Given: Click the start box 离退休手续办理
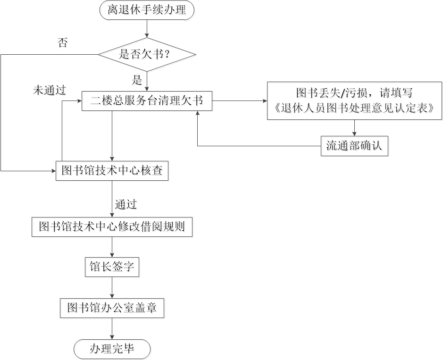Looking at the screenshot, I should tap(147, 10).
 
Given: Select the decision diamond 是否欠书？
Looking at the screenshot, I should tap(147, 55).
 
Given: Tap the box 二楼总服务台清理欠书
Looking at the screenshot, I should tap(147, 100).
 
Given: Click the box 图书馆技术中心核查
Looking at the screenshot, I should tap(112, 170).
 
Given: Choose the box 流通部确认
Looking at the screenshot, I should tap(354, 146).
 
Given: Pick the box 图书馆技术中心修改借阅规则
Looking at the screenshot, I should tap(112, 227).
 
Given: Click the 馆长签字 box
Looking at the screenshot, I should tap(112, 268).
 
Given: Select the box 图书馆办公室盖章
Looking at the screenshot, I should tap(112, 308).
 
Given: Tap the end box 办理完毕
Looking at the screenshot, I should tap(112, 349).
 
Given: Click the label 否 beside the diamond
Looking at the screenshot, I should tap(62, 43).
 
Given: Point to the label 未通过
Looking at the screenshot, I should tap(49, 90).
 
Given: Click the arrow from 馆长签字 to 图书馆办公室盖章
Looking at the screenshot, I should tap(112, 288).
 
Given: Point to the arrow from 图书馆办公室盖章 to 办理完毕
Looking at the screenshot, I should tap(112, 328).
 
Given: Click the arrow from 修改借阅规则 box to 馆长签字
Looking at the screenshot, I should tap(112, 247).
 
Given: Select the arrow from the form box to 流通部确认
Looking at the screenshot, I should tap(354, 127).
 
